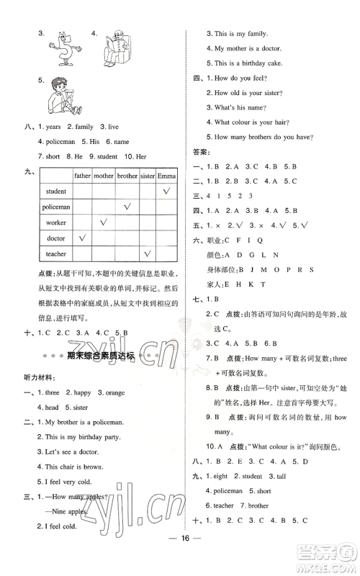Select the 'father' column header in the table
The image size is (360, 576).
pos(83,175)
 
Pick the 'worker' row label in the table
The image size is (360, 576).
pos(55,222)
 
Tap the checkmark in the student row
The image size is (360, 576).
pos(166,191)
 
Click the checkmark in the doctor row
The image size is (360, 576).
pos(83,238)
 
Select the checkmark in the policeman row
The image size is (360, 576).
pos(127,207)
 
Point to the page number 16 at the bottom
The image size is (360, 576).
pos(180,557)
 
